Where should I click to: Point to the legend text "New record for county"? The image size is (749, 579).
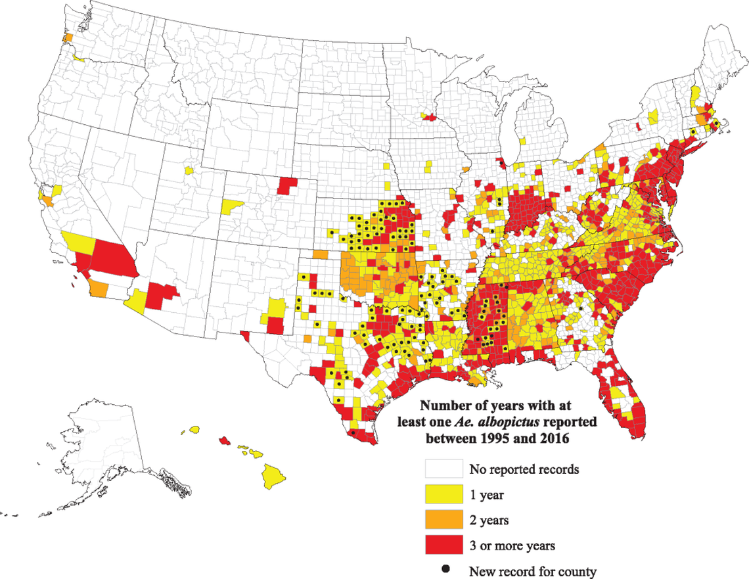tap(532, 571)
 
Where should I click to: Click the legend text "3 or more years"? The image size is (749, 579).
tap(512, 545)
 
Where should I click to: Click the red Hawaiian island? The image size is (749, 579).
tap(224, 438)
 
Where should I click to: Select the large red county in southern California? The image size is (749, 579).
tap(114, 258)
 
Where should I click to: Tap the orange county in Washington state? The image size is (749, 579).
tap(67, 37)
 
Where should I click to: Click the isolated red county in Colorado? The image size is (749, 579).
tap(286, 185)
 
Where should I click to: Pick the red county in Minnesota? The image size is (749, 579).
tap(430, 117)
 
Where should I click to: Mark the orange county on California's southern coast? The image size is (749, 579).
tap(99, 287)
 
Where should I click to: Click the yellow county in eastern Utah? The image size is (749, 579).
tap(231, 206)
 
